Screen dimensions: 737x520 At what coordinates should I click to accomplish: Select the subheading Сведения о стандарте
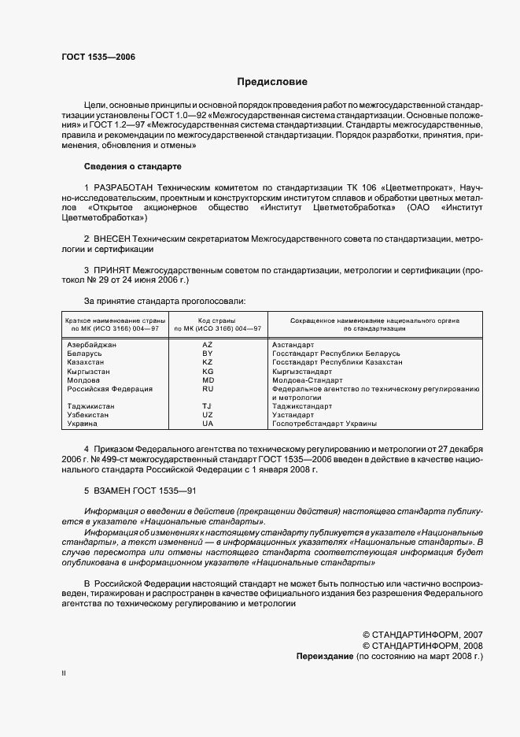[x=132, y=167]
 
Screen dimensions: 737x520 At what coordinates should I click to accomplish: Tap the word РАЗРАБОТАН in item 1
[x=123, y=186]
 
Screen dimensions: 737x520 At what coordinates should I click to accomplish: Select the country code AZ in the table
[x=208, y=345]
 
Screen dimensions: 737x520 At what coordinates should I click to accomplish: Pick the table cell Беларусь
[x=84, y=354]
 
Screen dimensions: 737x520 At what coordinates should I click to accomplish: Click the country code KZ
[x=208, y=362]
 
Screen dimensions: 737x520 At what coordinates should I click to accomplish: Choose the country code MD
[x=208, y=380]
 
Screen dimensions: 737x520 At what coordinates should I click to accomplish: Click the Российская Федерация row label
[x=109, y=388]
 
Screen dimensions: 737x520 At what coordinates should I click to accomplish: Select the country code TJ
[x=208, y=406]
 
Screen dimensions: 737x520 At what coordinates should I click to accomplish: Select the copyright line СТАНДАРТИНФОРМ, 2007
[x=422, y=634]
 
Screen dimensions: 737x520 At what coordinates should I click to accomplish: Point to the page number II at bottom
[x=64, y=674]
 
